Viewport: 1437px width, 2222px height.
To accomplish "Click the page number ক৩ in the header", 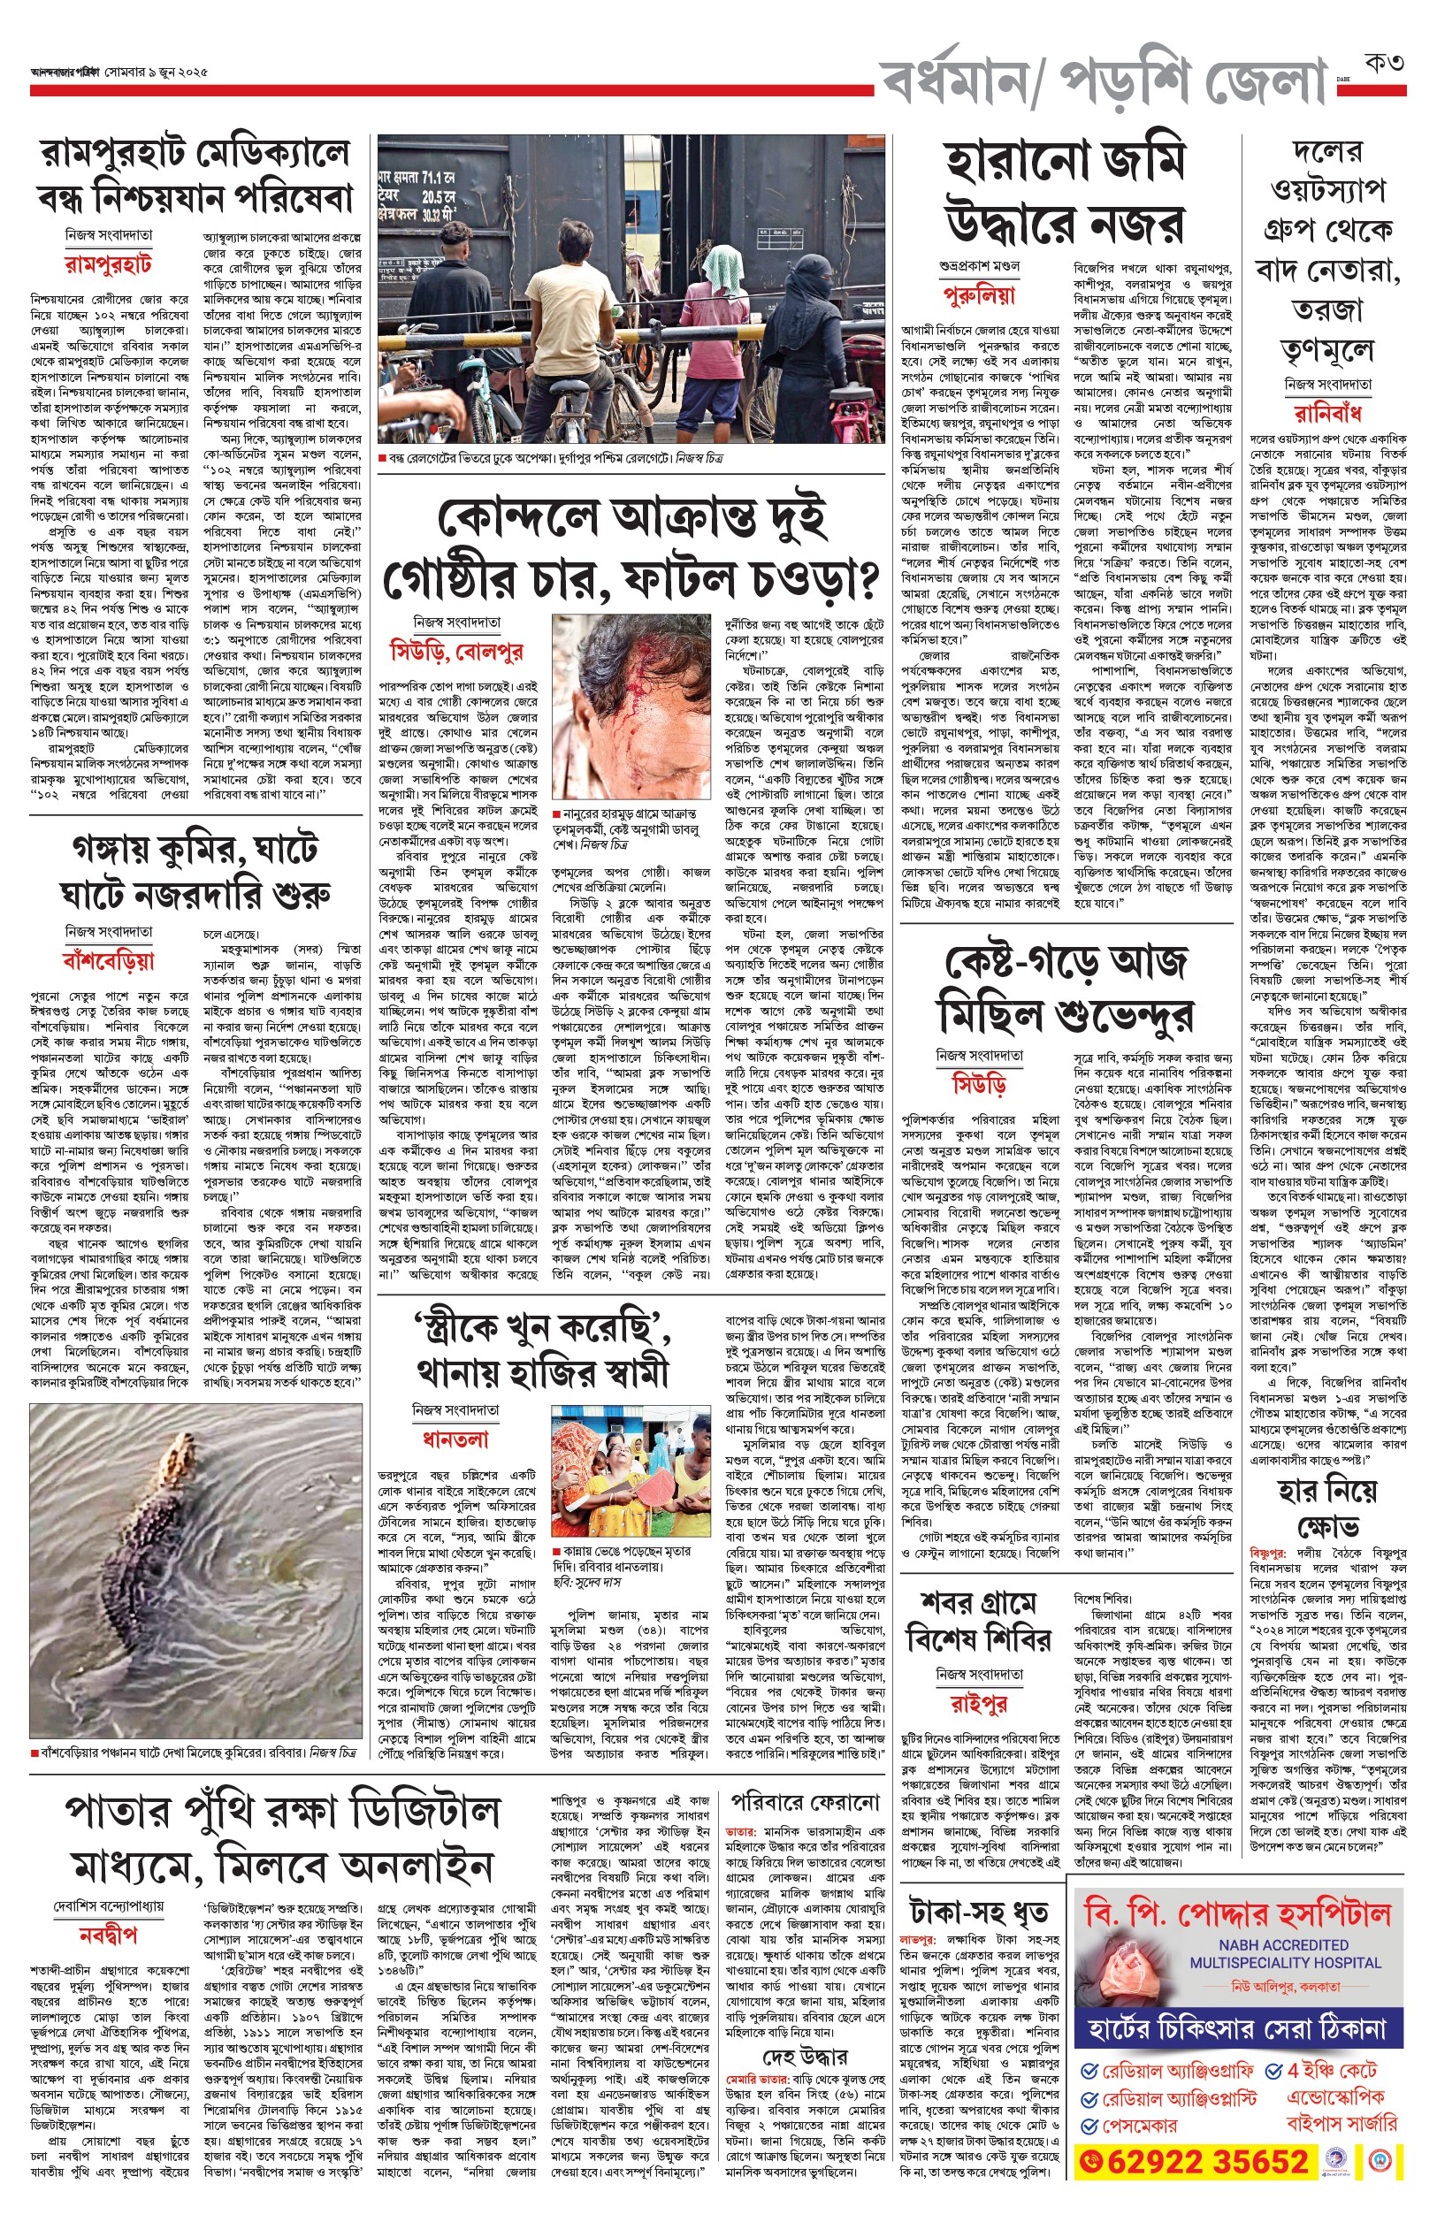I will point(1384,64).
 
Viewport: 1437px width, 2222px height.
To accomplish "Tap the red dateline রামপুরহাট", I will point(108,264).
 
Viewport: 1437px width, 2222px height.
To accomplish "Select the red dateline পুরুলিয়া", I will point(978,295).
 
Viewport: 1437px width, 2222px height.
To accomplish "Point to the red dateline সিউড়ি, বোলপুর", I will point(456,650).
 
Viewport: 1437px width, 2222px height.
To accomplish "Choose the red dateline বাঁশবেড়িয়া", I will point(108,960).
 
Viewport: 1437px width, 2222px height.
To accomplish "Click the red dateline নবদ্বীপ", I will point(108,1932).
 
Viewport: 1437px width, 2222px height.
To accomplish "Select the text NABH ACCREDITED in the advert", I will point(1283,1944).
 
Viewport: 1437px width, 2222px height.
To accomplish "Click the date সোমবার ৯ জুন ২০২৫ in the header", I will point(156,72).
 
